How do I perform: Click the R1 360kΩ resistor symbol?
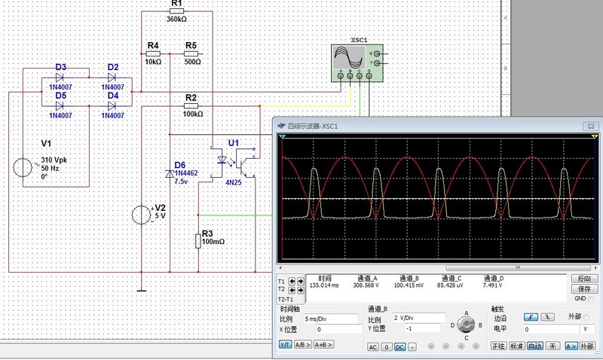[176, 12]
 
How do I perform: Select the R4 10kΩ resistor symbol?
[153, 54]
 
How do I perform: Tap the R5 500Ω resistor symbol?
[191, 54]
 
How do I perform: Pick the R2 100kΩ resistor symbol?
[191, 107]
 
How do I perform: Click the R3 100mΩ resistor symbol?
[198, 241]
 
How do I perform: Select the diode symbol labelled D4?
[113, 105]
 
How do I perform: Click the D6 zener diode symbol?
[171, 173]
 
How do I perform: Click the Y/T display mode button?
[285, 344]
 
